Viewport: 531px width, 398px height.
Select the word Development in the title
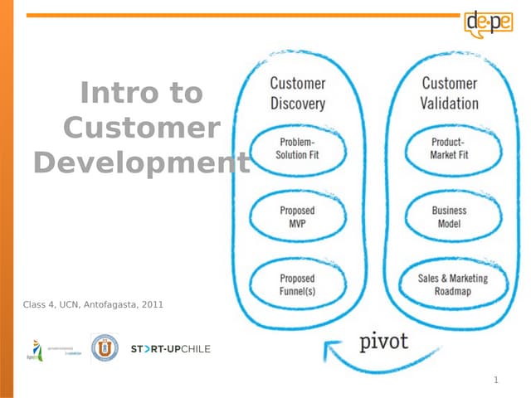141,163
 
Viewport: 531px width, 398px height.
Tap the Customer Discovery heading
298,93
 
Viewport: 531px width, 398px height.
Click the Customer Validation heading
450,93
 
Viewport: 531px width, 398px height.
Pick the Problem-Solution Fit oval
297,149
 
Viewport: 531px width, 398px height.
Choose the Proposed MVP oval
297,217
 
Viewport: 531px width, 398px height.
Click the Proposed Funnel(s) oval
297,285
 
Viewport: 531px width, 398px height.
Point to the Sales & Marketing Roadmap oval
453,285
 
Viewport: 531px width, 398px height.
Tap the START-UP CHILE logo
171,348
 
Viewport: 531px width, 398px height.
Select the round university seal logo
104,348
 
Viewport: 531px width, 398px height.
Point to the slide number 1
495,381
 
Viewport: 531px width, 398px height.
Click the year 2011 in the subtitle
153,305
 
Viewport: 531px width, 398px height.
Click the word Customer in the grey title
141,129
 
